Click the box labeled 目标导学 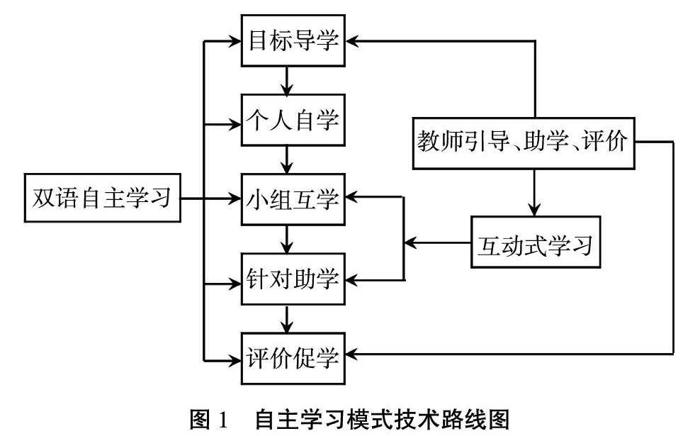point(293,41)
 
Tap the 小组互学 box point(293,200)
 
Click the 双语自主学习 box point(102,200)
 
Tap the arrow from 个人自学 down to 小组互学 point(287,160)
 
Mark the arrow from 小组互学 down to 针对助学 point(287,240)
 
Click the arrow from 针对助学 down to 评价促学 point(287,319)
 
